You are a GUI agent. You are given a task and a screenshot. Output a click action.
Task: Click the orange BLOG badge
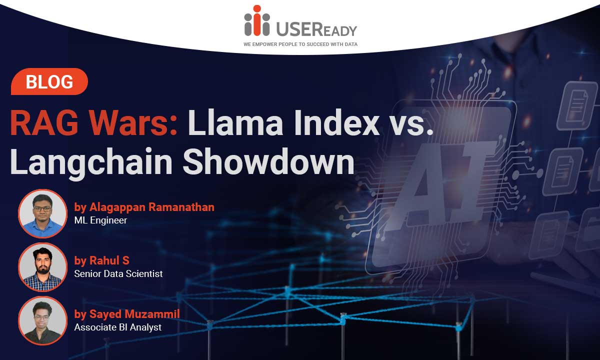[49, 81]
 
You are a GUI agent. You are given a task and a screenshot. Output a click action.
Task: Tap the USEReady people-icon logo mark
[257, 20]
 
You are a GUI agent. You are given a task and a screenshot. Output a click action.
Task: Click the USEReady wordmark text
[316, 29]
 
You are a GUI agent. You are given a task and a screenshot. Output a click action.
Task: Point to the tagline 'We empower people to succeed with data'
[300, 44]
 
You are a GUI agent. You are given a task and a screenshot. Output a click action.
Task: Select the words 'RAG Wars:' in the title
[94, 122]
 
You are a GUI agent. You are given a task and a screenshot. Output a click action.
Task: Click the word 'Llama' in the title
[235, 122]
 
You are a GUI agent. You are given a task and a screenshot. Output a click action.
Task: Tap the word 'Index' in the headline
[336, 122]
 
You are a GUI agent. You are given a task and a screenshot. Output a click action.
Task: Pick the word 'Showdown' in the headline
[268, 161]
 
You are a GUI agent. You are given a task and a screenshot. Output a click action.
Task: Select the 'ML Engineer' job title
[100, 220]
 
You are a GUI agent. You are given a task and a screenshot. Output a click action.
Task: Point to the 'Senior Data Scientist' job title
[118, 273]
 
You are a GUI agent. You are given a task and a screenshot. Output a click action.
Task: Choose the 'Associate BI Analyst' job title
[118, 327]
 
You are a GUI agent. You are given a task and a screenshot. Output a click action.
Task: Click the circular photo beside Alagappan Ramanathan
[42, 214]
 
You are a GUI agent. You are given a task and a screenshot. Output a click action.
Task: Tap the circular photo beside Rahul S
[42, 267]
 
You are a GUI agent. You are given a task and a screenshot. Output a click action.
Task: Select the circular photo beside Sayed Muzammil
[42, 320]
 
